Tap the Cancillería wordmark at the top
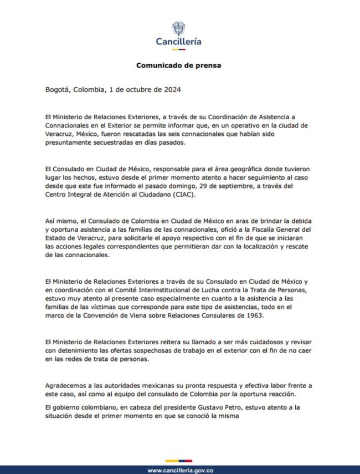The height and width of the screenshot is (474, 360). tap(178, 42)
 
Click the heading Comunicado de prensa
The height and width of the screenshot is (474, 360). tap(178, 65)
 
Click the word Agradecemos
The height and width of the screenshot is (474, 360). tap(69, 386)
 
